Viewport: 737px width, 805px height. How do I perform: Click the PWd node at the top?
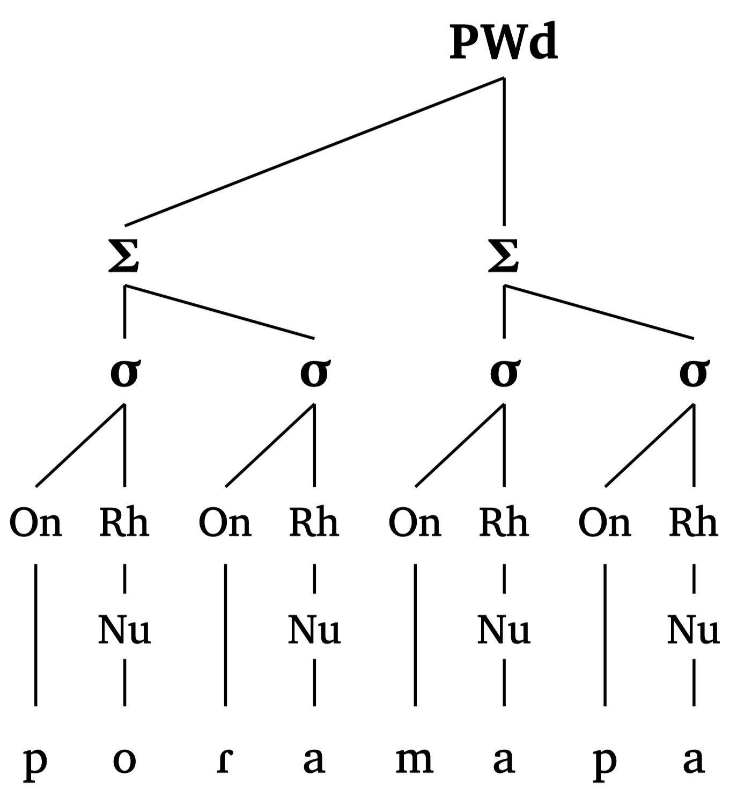[x=503, y=43]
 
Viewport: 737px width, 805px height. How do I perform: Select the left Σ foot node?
[x=124, y=257]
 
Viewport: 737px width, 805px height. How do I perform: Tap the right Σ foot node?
[x=503, y=257]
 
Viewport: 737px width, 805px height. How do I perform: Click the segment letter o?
[x=124, y=760]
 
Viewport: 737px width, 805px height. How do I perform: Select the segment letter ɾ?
[x=225, y=760]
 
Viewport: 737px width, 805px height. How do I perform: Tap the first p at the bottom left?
[x=35, y=762]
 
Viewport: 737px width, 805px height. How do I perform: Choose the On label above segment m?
[x=415, y=523]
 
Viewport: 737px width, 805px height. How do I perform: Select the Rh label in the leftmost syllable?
[x=124, y=523]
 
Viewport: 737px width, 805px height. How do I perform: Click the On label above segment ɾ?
[x=225, y=523]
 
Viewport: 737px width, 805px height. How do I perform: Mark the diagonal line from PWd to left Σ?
[x=314, y=151]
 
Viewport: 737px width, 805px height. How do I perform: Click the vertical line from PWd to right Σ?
[x=504, y=151]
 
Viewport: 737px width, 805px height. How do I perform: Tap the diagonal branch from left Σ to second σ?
[x=220, y=312]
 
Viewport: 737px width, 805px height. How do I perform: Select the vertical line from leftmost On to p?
[x=36, y=634]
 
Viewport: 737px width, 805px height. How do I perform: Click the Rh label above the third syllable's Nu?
[x=503, y=523]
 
